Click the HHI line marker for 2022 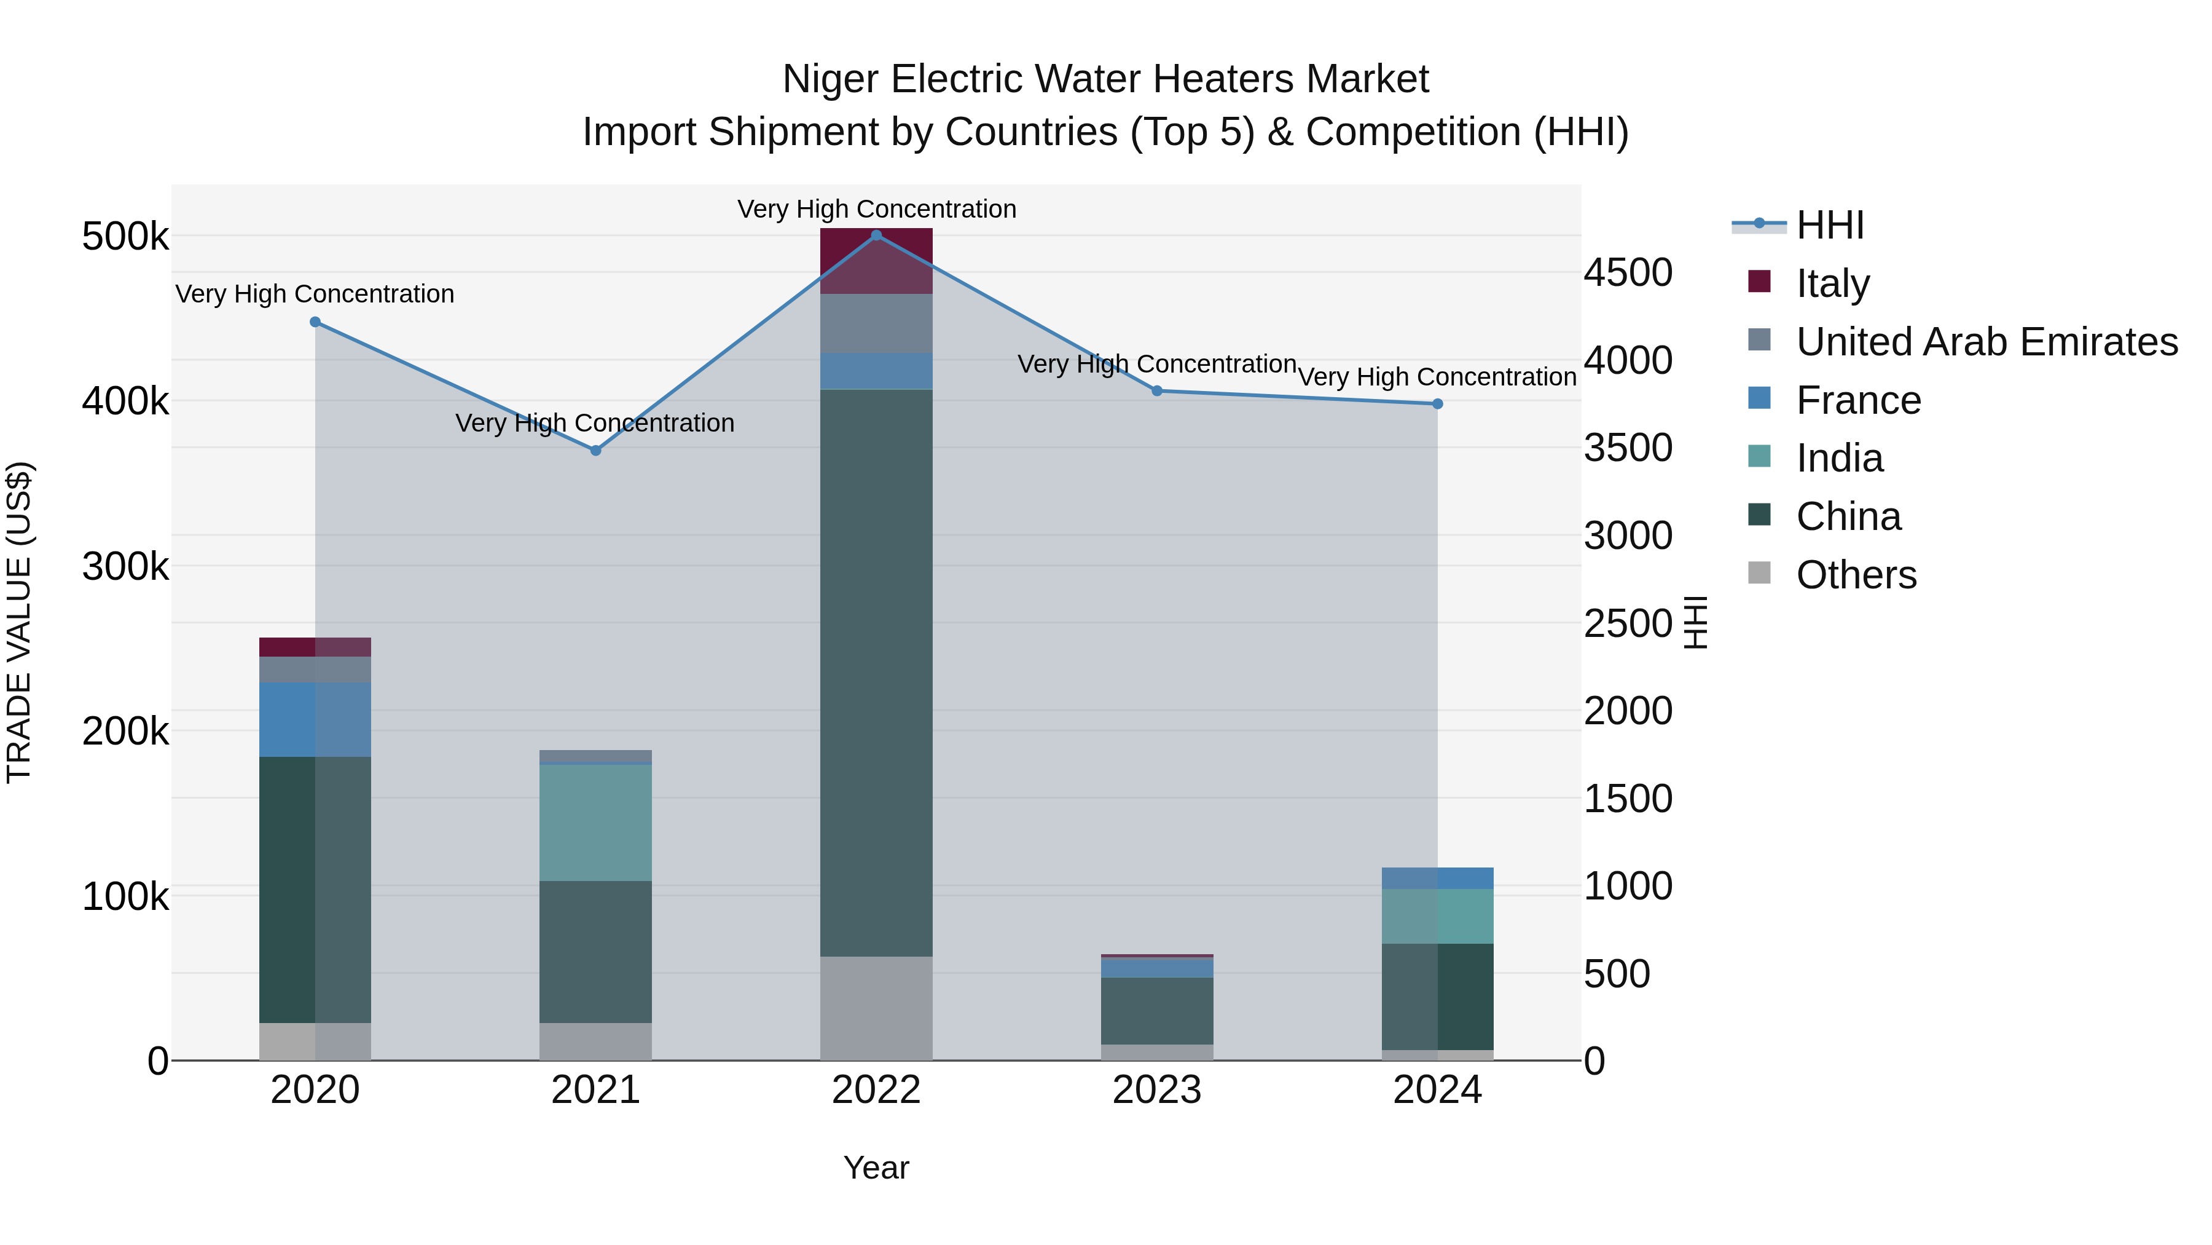pyautogui.click(x=876, y=235)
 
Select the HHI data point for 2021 pyautogui.click(x=595, y=450)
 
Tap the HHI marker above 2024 pyautogui.click(x=1437, y=404)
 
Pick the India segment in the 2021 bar pyautogui.click(x=595, y=822)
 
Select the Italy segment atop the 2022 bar pyautogui.click(x=876, y=260)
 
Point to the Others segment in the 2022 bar pyautogui.click(x=876, y=1007)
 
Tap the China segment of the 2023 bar pyautogui.click(x=1156, y=1010)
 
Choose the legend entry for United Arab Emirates pyautogui.click(x=1986, y=341)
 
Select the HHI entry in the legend pyautogui.click(x=1829, y=225)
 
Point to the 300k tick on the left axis pyautogui.click(x=125, y=566)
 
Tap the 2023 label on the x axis pyautogui.click(x=1156, y=1090)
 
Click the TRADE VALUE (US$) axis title pyautogui.click(x=19, y=622)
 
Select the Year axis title pyautogui.click(x=876, y=1168)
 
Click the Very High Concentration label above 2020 pyautogui.click(x=314, y=294)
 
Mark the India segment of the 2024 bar pyautogui.click(x=1437, y=916)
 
